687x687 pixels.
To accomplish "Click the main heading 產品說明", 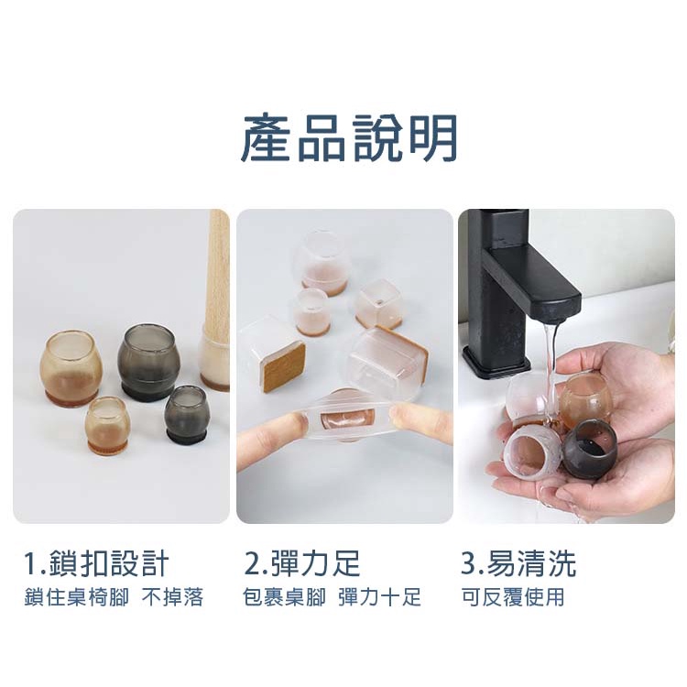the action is [x=349, y=138].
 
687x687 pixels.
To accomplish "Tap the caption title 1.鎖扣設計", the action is [x=96, y=563].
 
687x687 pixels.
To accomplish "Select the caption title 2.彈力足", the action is [x=302, y=563].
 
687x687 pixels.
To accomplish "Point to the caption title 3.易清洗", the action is [x=518, y=563].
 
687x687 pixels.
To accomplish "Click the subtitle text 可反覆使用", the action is [x=513, y=597].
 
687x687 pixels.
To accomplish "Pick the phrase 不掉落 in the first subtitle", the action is [x=172, y=597].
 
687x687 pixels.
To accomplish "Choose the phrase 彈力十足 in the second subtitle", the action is [x=379, y=597].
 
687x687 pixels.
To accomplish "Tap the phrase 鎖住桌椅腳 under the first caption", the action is [x=77, y=597].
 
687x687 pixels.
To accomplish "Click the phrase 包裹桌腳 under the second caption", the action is [x=284, y=597].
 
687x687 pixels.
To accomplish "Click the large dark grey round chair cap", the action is [x=149, y=362].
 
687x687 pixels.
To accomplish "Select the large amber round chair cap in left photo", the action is [x=71, y=366].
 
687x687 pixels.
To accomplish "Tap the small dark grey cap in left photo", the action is [x=187, y=414].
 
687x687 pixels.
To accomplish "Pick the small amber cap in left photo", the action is [x=107, y=425].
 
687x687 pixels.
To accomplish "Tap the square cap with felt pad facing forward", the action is [x=274, y=359].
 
